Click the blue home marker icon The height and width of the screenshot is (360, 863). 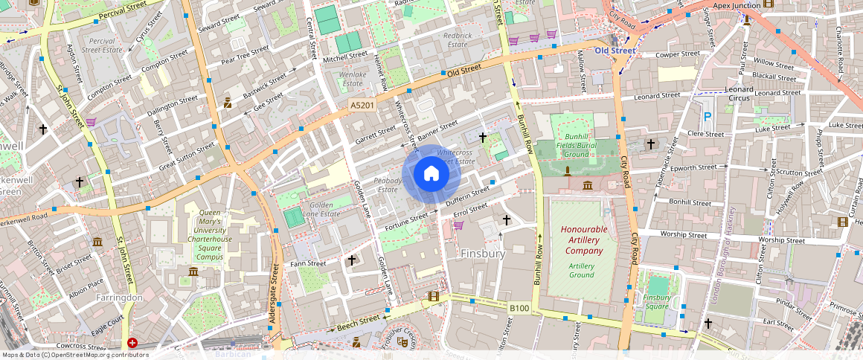pos(431,174)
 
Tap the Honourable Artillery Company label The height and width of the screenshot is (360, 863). pos(583,240)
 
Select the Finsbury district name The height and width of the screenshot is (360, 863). pos(483,254)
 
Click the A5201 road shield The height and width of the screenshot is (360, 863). pos(362,106)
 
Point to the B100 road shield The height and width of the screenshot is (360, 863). pos(519,307)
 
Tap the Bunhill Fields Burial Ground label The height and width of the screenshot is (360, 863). pos(577,145)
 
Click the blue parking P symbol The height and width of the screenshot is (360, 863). pos(707,117)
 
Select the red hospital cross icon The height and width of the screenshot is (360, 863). pos(132,343)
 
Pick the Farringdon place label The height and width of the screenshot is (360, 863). pos(118,298)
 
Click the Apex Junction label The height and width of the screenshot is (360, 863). pos(736,5)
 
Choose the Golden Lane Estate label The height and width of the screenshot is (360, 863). pos(320,210)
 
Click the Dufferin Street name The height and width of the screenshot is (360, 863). pos(466,196)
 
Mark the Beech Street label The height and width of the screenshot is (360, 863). pos(357,324)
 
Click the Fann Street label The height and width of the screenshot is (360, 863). pos(308,263)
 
